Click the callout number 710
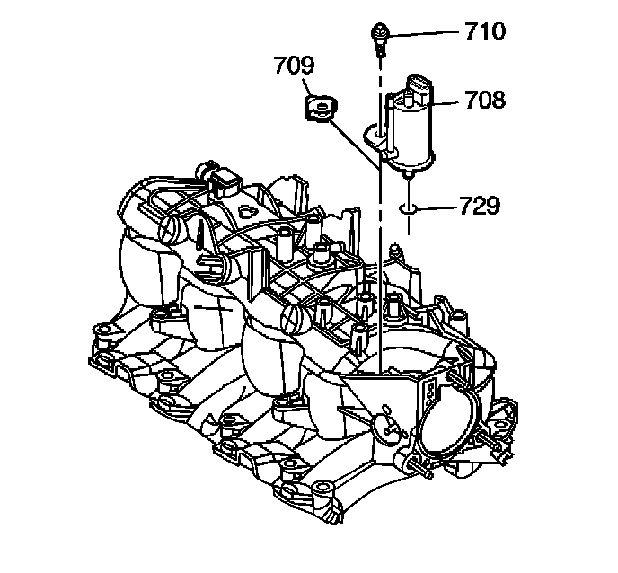(485, 32)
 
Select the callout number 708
(485, 99)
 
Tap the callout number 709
(295, 66)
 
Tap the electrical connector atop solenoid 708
(419, 87)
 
